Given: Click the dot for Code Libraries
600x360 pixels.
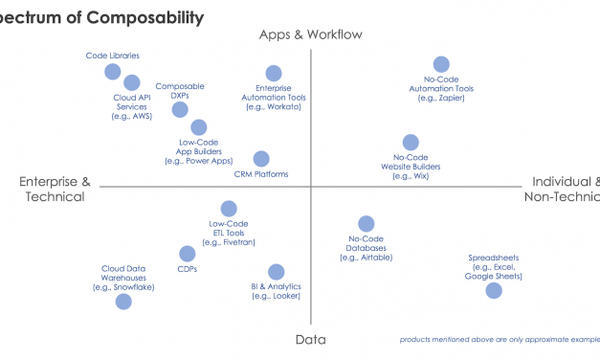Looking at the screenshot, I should pos(113,72).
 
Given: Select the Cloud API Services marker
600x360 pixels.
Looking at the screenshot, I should pos(132,83).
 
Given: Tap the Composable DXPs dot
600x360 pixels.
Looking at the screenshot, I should pos(180,109).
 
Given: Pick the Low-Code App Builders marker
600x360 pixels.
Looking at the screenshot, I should pos(199,127).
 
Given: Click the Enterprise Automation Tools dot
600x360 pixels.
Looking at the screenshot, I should pos(274,74).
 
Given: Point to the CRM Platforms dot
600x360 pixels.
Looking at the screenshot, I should pos(261,159).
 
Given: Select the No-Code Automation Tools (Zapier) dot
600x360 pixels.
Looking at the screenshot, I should pos(441,64).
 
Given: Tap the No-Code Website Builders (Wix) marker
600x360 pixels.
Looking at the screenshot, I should pos(411,143).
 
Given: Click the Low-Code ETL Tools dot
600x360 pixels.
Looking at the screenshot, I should pos(229,209).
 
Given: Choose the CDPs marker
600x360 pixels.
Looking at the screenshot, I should pos(188,254).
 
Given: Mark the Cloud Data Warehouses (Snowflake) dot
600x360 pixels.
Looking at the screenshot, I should pos(123,302).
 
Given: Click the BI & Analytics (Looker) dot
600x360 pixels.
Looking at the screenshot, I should pos(276,272).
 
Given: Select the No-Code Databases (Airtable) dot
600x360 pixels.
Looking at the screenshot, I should pos(367,224).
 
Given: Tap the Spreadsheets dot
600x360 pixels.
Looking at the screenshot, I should pos(494,290).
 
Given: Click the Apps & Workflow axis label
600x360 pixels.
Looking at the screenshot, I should pos(311,35).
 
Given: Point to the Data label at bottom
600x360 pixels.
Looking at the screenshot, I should pos(310,340).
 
